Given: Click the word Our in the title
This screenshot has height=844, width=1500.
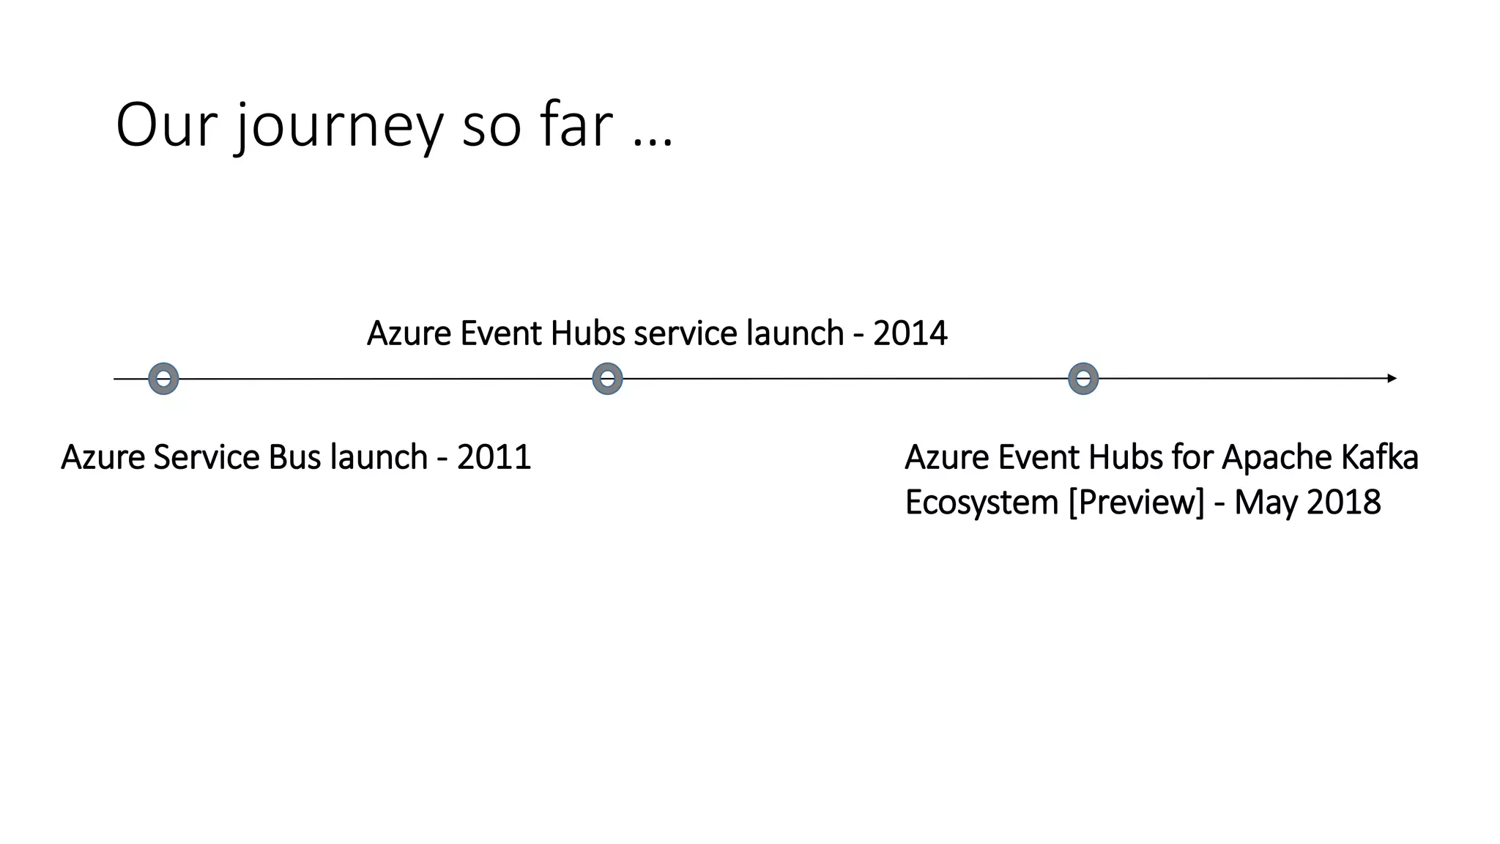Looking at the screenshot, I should point(167,126).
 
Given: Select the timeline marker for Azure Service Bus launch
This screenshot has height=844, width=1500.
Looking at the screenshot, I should point(163,379).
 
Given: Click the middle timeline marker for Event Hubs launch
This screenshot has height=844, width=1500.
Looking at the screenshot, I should point(607,379).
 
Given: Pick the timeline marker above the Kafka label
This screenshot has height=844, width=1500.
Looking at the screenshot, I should point(1083,379).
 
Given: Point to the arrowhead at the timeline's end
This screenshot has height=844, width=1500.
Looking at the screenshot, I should point(1392,379).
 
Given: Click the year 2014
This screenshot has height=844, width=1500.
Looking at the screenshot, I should point(910,333).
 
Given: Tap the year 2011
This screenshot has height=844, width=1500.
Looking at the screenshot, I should point(494,457).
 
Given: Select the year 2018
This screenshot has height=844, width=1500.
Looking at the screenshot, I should point(1344,503).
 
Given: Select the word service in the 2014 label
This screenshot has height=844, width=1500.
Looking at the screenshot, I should point(686,333).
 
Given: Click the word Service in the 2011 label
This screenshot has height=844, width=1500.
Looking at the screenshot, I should point(207,457).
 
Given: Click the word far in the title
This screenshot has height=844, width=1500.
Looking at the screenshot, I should point(576,126).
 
